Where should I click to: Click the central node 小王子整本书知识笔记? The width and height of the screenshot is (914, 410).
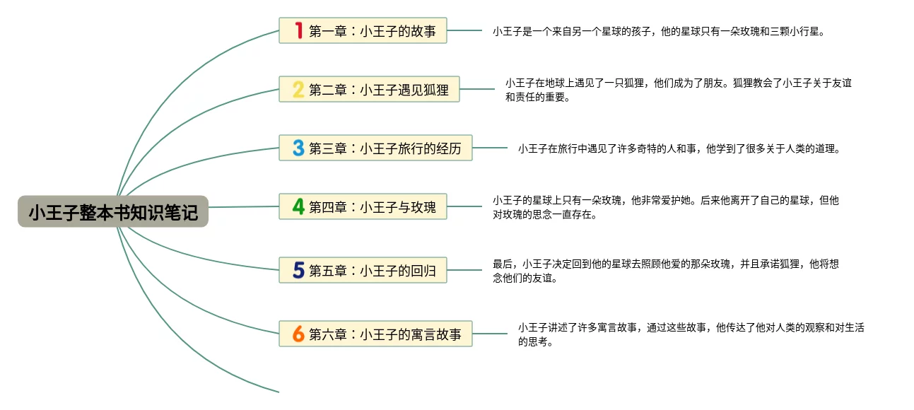point(113,211)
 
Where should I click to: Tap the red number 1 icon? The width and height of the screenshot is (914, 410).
point(299,30)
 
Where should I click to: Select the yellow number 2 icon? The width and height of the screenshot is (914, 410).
point(299,89)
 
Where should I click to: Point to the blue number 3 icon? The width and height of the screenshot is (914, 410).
point(299,148)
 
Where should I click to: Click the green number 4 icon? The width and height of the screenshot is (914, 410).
point(299,206)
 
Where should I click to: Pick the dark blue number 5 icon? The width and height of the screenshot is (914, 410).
point(299,270)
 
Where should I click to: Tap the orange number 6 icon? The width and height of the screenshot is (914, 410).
point(299,334)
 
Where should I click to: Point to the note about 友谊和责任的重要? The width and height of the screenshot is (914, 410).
point(678,90)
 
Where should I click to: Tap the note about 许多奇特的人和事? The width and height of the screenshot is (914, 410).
point(679,148)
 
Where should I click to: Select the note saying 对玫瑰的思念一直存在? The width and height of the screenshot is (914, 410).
point(665,207)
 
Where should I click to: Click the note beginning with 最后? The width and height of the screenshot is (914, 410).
point(665,271)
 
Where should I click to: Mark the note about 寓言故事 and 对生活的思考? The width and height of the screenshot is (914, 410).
point(691,334)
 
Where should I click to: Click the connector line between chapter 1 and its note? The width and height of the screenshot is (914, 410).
point(464,30)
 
